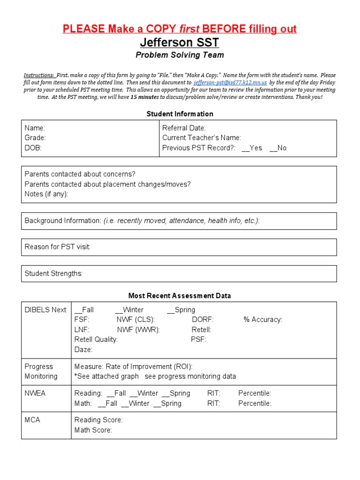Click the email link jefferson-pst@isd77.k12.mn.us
(x=230, y=82)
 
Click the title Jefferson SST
(x=180, y=43)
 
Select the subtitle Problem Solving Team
(x=180, y=55)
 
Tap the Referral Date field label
(x=184, y=128)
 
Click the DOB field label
(x=33, y=148)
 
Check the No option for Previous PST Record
(x=278, y=148)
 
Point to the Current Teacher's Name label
(x=202, y=138)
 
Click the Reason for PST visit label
(x=57, y=247)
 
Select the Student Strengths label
(x=53, y=274)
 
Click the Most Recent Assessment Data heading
(x=180, y=296)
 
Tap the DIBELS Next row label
(x=45, y=310)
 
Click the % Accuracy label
(x=262, y=320)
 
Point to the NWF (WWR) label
(x=138, y=330)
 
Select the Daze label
(x=83, y=349)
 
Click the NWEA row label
(x=35, y=393)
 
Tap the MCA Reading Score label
(x=98, y=420)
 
